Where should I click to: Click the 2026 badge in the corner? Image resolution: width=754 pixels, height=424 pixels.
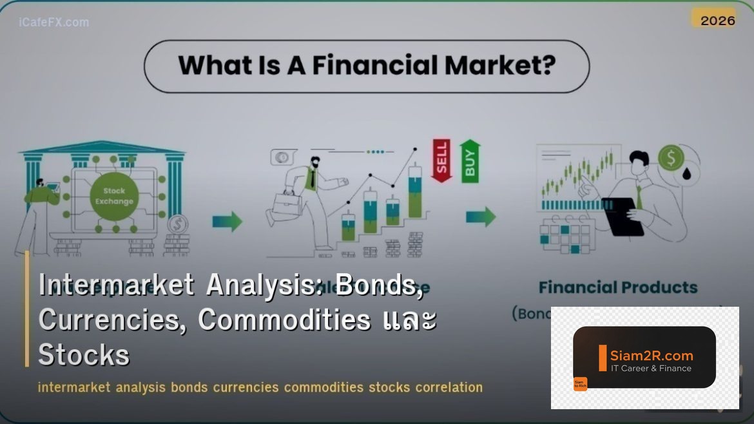[717, 20]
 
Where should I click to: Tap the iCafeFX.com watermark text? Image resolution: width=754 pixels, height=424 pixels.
[54, 23]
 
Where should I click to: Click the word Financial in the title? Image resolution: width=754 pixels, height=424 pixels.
[366, 66]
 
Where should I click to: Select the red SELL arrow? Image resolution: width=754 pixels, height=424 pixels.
[441, 159]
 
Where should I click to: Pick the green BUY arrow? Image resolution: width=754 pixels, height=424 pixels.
[470, 160]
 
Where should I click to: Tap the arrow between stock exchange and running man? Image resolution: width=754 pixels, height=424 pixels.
[227, 222]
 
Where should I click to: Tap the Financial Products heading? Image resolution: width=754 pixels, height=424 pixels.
[617, 287]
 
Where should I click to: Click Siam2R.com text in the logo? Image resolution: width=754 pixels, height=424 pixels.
[651, 355]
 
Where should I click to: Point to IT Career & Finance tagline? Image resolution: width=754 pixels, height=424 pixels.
[651, 369]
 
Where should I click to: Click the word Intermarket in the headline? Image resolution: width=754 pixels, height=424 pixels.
[116, 285]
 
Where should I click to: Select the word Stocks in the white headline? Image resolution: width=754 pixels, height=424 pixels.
[84, 354]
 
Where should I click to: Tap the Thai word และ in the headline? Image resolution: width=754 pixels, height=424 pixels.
[408, 320]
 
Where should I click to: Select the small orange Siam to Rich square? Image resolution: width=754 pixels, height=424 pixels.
[580, 383]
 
